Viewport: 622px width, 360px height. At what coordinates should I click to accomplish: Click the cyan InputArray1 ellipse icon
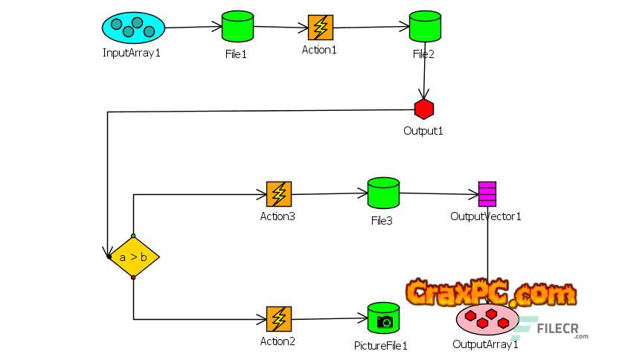[x=132, y=28]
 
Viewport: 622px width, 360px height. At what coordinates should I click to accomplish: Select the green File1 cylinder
[x=237, y=28]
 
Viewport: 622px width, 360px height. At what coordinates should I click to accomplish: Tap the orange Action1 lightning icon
[x=320, y=28]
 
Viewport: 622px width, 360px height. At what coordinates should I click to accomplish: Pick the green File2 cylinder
[x=424, y=28]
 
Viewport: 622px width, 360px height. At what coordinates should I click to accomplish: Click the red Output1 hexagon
[x=424, y=109]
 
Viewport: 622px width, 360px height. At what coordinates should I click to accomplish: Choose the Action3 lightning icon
[x=278, y=194]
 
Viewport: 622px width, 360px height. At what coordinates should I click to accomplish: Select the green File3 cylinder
[x=383, y=193]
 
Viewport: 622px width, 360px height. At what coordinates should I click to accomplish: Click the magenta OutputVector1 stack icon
[x=487, y=193]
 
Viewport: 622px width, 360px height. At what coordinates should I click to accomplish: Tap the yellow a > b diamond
[x=133, y=257]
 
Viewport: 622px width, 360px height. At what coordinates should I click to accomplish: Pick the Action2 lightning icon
[x=278, y=319]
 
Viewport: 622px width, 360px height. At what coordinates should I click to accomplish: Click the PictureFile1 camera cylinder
[x=384, y=318]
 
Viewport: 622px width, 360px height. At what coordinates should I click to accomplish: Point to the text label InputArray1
[x=132, y=53]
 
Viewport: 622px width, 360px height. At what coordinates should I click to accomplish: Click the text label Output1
[x=423, y=131]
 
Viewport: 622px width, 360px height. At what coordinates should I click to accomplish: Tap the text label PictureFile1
[x=381, y=346]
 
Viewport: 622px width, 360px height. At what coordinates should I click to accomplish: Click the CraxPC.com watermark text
[x=491, y=292]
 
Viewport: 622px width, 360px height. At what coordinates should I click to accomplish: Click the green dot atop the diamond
[x=133, y=236]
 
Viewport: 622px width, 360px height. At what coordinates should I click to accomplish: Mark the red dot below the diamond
[x=133, y=277]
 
